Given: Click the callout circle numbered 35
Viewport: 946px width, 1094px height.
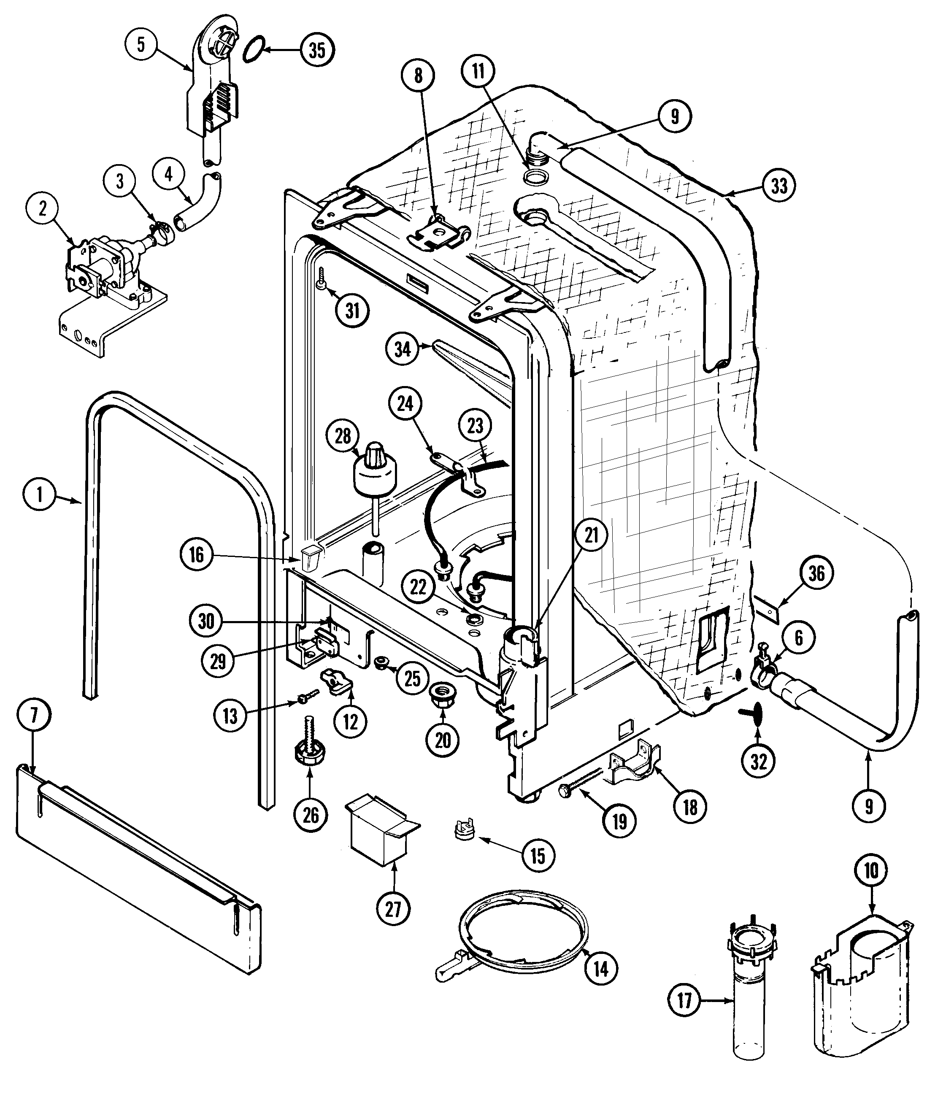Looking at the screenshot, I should point(317,50).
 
